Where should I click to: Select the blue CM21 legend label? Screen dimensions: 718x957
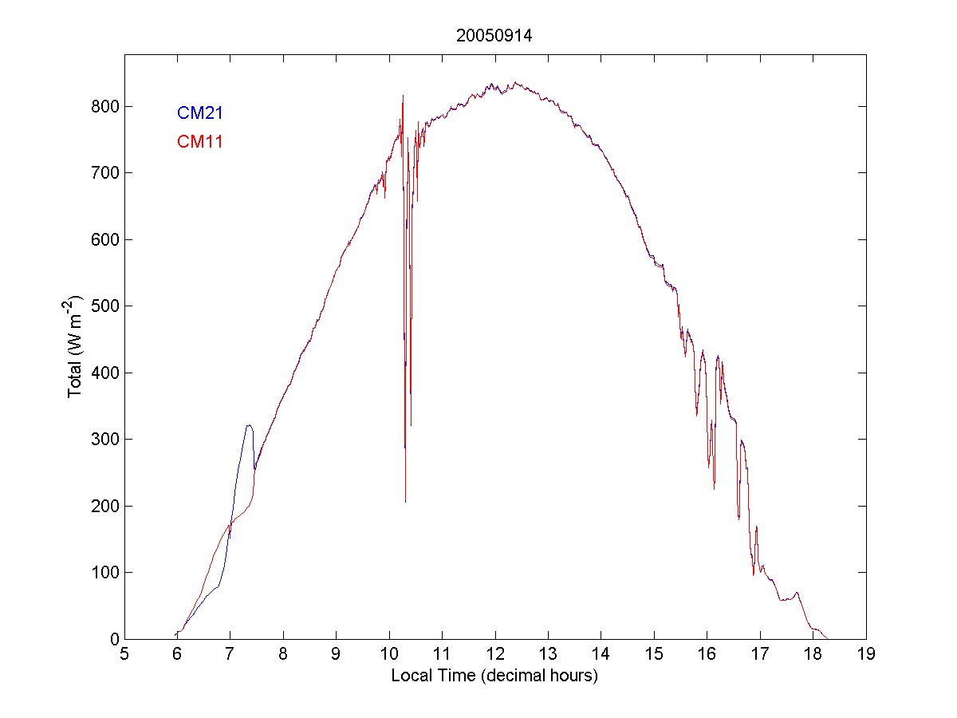(x=199, y=112)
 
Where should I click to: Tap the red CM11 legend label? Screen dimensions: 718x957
(x=199, y=142)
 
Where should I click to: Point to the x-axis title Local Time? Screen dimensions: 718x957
(x=494, y=676)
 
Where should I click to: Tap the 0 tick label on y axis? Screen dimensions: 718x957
(x=112, y=639)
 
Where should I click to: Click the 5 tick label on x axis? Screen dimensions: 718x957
(x=124, y=655)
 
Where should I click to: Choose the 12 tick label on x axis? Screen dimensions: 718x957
(x=494, y=655)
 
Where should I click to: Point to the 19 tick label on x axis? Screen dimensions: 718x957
(x=865, y=655)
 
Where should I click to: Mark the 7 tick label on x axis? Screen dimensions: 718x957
(x=230, y=655)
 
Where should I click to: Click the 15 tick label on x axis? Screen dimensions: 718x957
(x=654, y=655)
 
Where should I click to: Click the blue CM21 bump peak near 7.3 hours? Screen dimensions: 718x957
(x=249, y=425)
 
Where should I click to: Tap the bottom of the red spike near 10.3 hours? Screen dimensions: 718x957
(x=405, y=501)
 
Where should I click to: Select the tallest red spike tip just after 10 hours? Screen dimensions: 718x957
(x=403, y=96)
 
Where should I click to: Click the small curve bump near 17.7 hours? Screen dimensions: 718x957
(x=797, y=593)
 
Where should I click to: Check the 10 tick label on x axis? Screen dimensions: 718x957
(x=389, y=655)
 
